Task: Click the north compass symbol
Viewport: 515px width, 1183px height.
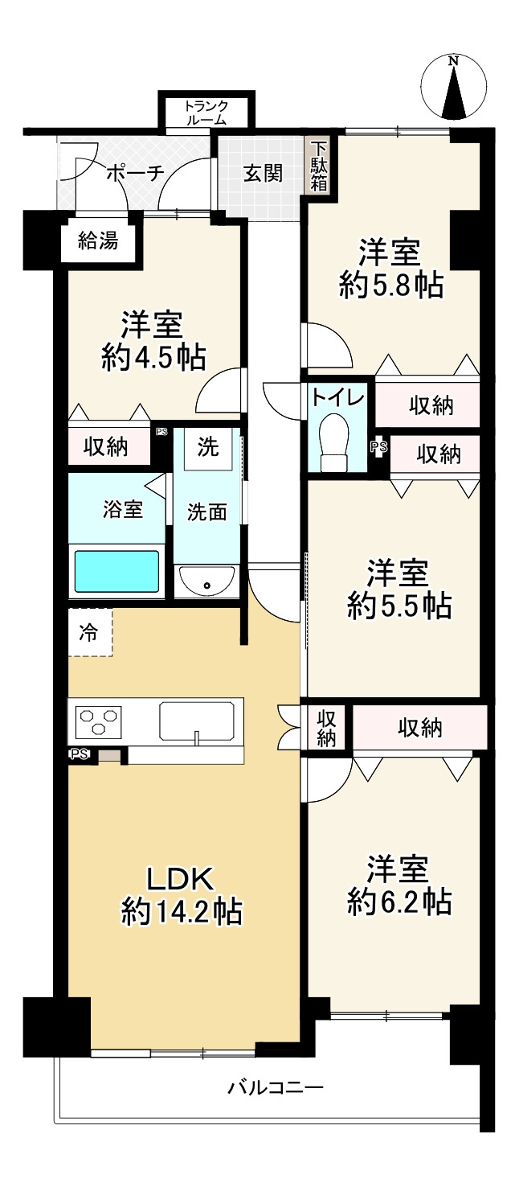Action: coord(454,86)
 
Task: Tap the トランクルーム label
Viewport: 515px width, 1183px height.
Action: coord(206,113)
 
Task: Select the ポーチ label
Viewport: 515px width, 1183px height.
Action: coord(134,172)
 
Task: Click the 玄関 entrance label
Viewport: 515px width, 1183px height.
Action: coord(263,173)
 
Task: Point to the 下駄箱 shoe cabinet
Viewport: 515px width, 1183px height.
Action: coord(320,166)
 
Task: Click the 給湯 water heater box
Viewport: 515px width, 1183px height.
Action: coord(98,240)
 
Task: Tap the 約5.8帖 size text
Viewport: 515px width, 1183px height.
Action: coord(390,286)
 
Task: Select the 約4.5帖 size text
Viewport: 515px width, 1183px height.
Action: coord(153,357)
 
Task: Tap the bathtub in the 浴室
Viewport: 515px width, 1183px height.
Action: coord(117,570)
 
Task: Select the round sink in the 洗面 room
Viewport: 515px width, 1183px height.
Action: coord(207,581)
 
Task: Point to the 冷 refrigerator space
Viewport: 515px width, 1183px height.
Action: coord(90,632)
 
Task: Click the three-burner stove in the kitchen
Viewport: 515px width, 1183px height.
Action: coord(99,720)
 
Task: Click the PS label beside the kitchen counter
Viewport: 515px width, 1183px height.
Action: coord(79,754)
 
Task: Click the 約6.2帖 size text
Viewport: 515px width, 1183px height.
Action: coord(399,902)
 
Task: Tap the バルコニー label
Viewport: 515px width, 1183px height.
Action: coord(275,1087)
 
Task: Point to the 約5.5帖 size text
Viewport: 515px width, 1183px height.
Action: coord(399,606)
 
